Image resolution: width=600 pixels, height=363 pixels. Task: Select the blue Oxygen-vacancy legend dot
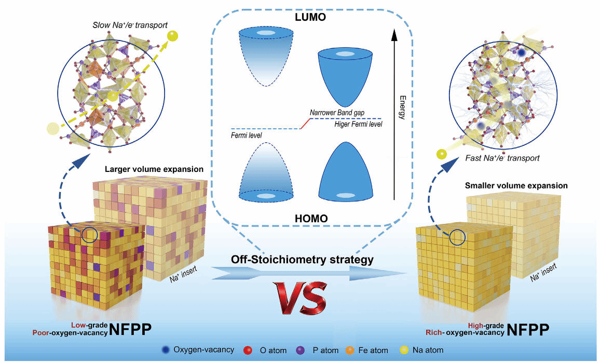[165, 350]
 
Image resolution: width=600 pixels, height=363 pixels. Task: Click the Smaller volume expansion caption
[524, 185]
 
